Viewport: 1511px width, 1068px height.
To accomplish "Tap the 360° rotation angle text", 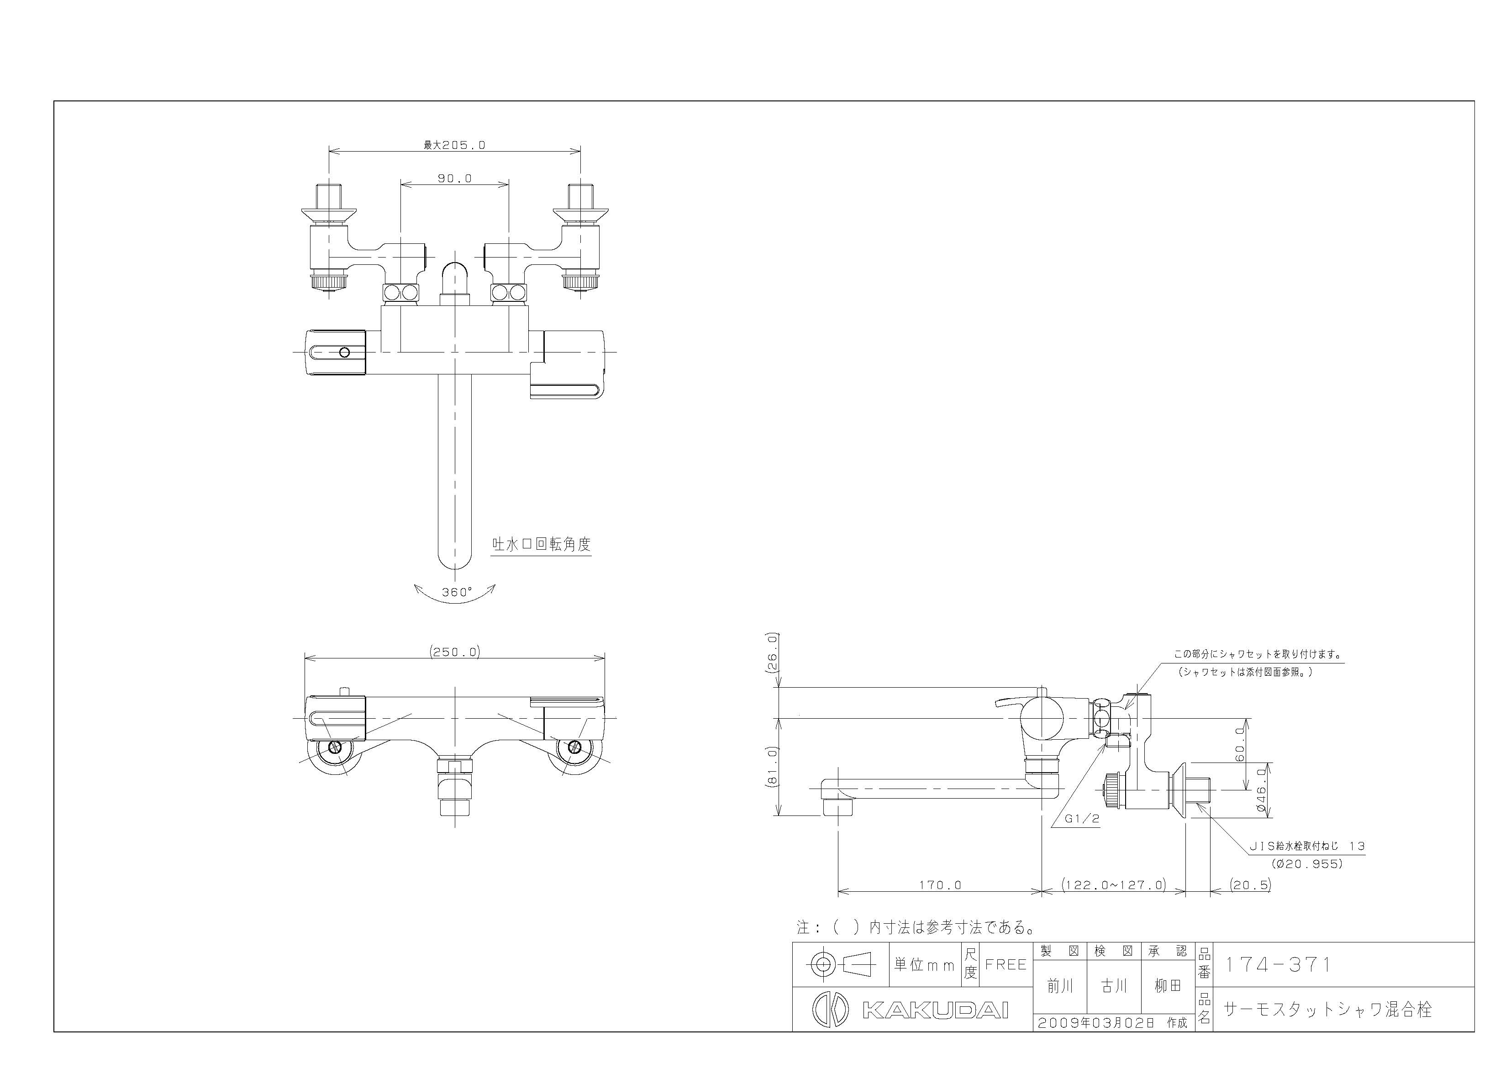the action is [457, 592].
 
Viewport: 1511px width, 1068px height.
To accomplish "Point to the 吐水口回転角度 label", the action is [542, 544].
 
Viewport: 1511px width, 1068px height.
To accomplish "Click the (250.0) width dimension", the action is [455, 652].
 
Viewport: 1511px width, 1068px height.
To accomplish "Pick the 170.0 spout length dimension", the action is [940, 885].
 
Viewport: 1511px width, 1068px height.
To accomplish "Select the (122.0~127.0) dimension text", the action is [1114, 885].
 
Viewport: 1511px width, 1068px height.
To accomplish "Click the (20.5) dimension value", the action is [1250, 885].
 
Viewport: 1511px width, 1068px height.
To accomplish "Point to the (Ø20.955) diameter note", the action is [1306, 864].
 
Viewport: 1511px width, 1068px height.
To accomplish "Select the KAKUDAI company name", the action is [935, 1010].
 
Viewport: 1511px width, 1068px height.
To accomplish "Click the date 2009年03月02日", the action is [1096, 1023].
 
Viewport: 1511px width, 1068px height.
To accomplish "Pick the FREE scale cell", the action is [1006, 965].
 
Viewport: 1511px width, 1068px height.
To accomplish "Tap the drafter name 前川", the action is [1060, 986].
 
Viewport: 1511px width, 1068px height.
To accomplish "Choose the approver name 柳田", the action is [1168, 986].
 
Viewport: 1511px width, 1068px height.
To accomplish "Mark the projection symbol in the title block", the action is [841, 965].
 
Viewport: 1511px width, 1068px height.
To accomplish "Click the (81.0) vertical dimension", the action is [773, 767].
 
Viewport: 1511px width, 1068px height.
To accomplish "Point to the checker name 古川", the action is [1114, 986].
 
